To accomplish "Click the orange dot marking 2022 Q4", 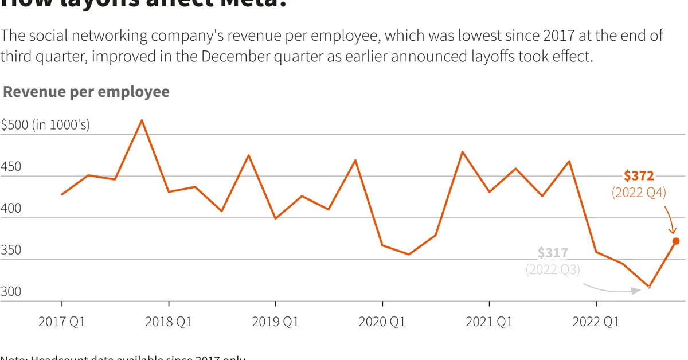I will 676,241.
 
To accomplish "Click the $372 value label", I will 639,176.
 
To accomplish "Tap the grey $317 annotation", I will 553,253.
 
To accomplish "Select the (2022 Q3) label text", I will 553,269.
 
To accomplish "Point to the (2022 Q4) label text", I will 639,193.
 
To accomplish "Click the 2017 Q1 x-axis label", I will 62,322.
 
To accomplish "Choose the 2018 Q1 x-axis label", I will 169,322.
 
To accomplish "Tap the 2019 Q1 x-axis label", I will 275,322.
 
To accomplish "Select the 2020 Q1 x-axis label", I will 382,322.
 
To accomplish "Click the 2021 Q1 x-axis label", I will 489,322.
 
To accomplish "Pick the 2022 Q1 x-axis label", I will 596,322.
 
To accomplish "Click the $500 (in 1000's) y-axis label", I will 45,125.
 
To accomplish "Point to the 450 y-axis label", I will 11,167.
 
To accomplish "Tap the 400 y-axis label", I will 11,209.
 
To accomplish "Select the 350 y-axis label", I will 11,250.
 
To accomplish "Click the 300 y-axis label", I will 11,292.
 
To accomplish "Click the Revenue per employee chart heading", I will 87,92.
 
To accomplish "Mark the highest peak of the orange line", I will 142,120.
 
